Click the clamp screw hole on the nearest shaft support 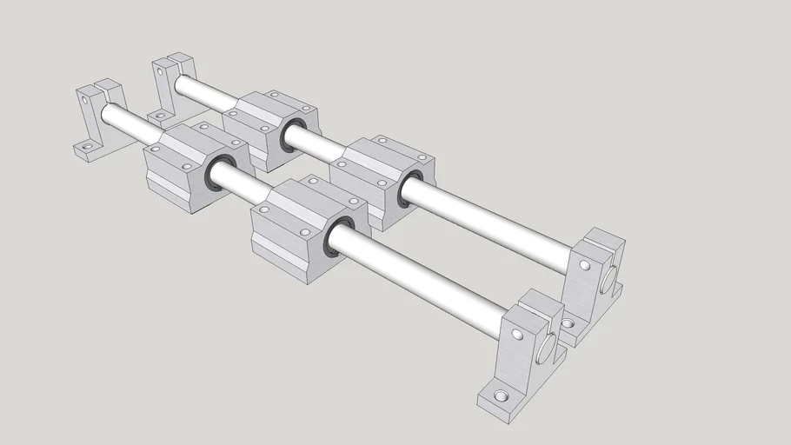coord(517,334)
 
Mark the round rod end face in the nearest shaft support coord(548,348)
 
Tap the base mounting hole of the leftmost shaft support coord(83,150)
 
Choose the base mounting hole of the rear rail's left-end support coord(157,114)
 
